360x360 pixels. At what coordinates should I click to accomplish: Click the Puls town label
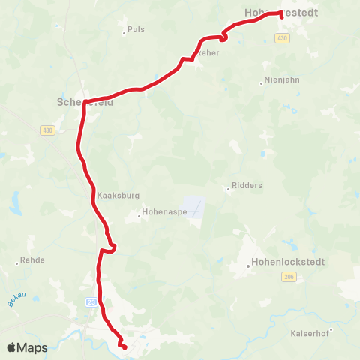click(136, 29)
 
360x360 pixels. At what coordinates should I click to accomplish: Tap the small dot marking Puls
click(124, 33)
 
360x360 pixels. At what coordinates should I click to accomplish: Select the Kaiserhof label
click(310, 332)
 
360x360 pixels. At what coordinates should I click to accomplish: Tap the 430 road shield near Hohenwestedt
click(282, 38)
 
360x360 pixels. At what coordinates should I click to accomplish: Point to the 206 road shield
click(289, 277)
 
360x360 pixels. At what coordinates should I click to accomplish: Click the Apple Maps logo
click(27, 347)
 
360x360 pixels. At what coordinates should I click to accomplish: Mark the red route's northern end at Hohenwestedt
click(280, 13)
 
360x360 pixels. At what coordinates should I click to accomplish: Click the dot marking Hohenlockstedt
click(249, 265)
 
